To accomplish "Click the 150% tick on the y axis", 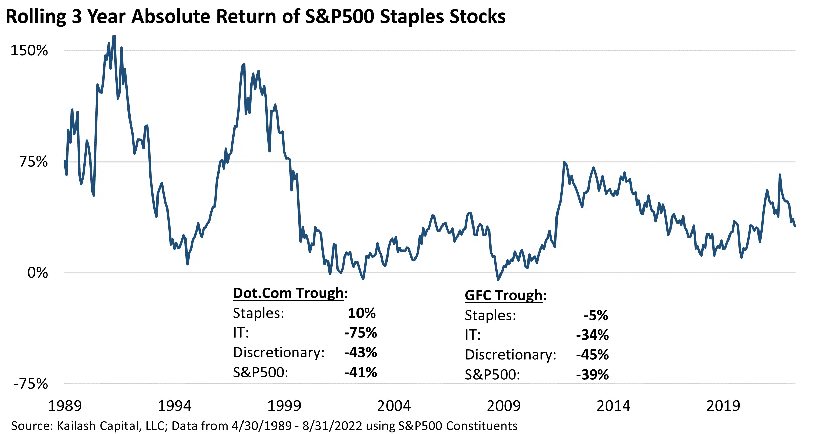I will (29, 51).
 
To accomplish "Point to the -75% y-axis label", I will (30, 384).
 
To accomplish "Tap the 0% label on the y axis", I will (37, 272).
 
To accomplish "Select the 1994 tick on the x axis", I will (174, 406).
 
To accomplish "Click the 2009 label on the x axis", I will (504, 406).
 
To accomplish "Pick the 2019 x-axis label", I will (723, 406).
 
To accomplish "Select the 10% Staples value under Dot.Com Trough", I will (362, 313).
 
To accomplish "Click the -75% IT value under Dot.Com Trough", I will (361, 333).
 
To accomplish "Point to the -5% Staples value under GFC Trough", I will (596, 315).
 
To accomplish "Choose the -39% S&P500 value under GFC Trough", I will (593, 375).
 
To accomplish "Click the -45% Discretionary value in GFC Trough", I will (593, 355).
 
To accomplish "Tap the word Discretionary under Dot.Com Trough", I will (279, 353).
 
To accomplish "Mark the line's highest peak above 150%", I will (114, 36).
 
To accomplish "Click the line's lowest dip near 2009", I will (498, 280).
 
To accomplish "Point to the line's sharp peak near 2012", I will (564, 162).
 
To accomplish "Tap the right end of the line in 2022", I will (795, 226).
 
